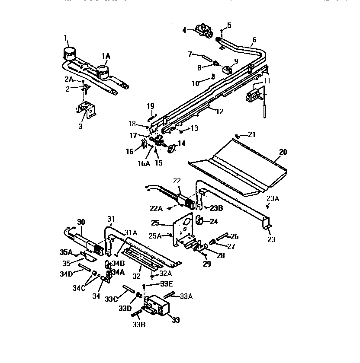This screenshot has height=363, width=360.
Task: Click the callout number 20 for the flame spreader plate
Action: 283,152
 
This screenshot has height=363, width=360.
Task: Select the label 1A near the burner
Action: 106,56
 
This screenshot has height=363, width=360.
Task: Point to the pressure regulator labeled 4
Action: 202,30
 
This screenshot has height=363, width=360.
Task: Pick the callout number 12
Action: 219,111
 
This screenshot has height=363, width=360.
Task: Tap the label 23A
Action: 273,198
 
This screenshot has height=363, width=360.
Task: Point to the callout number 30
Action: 80,222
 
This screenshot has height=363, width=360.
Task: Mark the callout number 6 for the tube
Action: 254,40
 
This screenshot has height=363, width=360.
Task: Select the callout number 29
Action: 207,264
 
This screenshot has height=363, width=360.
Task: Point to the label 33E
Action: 166,284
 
